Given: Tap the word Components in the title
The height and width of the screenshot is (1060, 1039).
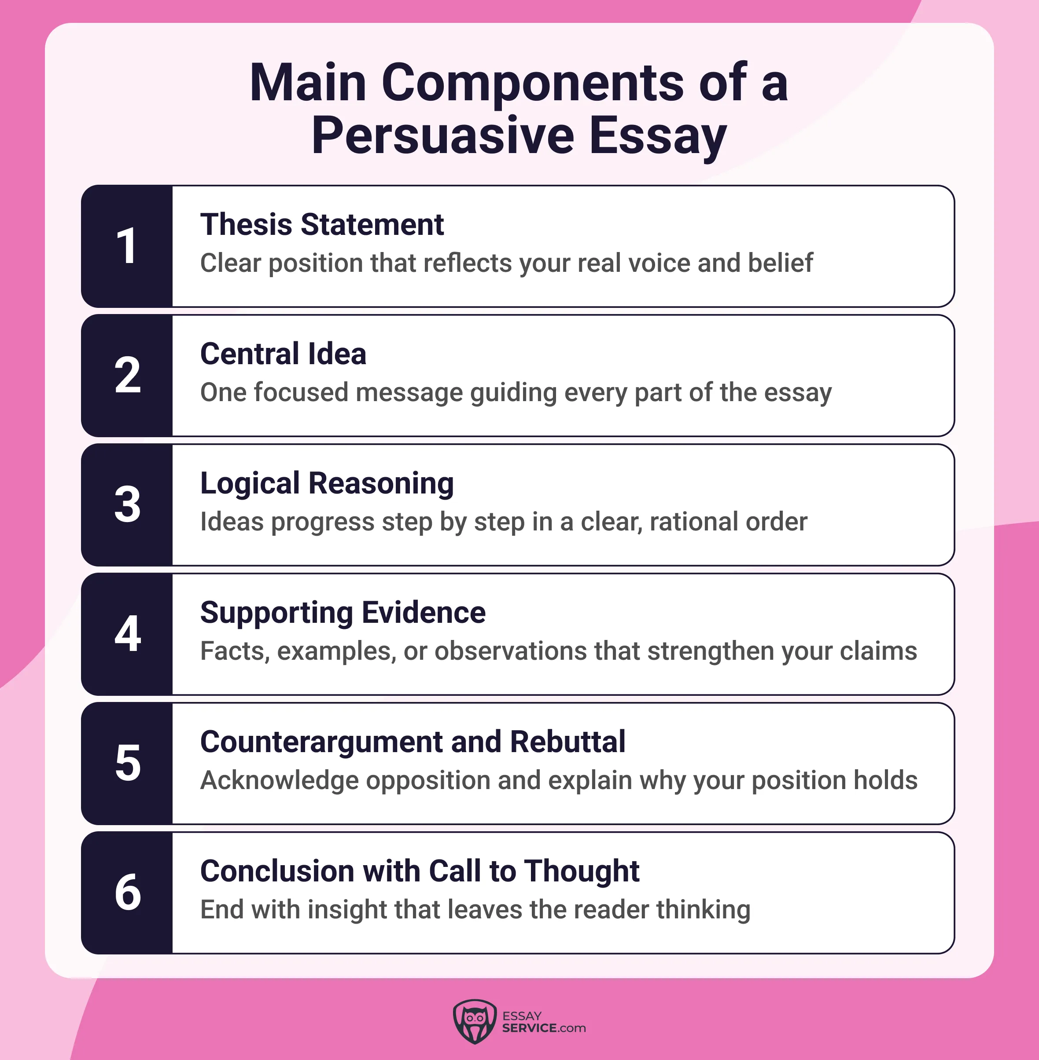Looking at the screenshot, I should (533, 83).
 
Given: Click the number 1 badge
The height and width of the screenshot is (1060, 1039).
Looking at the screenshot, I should (127, 246).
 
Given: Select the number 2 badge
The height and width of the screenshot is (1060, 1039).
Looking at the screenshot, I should (127, 376).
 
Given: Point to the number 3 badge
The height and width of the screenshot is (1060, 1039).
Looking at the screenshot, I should (127, 505).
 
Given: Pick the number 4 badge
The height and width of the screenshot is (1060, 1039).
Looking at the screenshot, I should (127, 634).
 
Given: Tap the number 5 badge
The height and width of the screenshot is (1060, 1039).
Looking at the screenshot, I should (127, 764).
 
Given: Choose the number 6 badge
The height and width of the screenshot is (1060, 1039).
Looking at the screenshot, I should (127, 892).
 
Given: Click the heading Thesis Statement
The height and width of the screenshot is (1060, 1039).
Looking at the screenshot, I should (322, 225).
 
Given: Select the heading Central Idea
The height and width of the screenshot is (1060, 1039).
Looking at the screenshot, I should (283, 354).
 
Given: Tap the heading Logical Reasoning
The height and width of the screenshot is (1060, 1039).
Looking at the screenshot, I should (327, 484).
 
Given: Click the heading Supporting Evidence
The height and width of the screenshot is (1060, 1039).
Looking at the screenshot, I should (343, 612).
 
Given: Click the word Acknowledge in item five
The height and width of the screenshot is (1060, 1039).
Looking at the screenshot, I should (280, 781).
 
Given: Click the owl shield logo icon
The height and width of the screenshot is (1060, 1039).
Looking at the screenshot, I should (475, 1021).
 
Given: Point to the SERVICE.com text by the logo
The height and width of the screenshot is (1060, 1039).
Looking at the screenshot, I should (544, 1028).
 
